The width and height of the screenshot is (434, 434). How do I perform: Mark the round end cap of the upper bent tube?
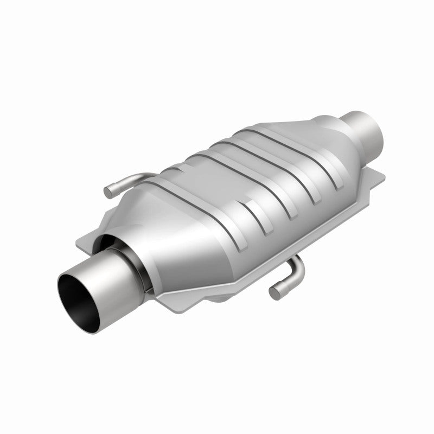coord(109,190)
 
